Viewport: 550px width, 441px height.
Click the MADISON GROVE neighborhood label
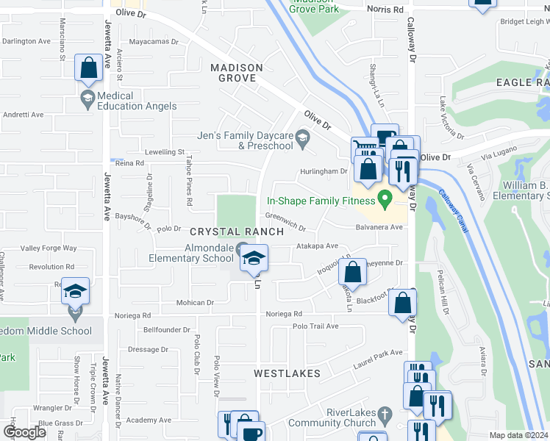[x=237, y=73]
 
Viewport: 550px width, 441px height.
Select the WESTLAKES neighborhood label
[x=287, y=373]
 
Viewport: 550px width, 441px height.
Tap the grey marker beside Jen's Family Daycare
[x=301, y=136]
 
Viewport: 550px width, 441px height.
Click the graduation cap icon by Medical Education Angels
[x=87, y=98]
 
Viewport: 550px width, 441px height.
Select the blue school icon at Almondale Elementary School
[x=254, y=258]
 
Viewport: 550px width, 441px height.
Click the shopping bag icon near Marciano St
[x=88, y=69]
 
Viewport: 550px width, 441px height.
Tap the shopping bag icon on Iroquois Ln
[x=354, y=272]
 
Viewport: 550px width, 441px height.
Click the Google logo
[x=24, y=432]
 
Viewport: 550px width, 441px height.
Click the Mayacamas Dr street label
[x=154, y=42]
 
